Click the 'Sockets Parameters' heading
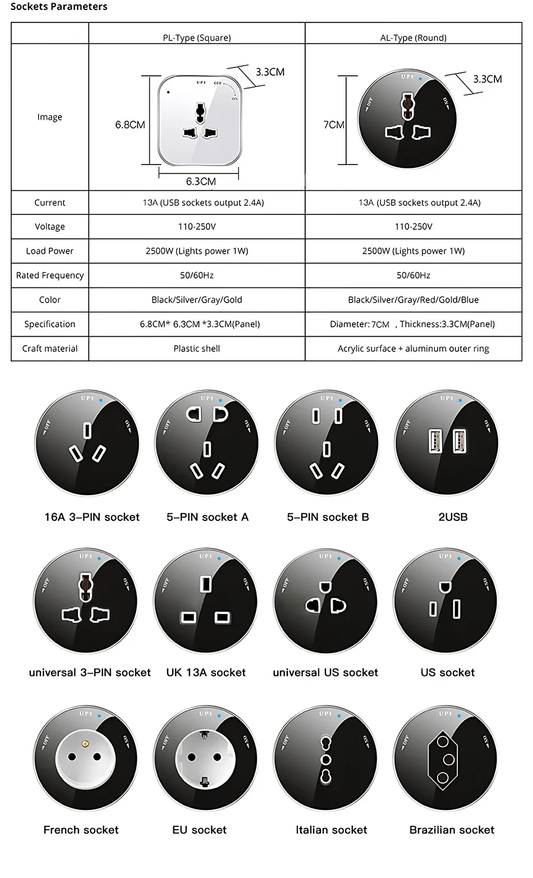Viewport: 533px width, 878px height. [58, 7]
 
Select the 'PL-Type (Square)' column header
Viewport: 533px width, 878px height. [197, 38]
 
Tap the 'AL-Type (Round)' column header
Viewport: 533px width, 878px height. [413, 38]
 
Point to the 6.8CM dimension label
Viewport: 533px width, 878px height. [130, 125]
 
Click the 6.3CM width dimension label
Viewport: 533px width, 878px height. [201, 181]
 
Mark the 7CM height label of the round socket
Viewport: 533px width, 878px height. [334, 125]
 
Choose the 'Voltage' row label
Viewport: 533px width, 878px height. [50, 227]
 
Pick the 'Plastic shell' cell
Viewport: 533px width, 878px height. [197, 349]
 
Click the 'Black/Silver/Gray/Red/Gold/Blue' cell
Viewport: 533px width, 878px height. [413, 300]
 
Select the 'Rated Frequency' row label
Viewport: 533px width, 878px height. [50, 276]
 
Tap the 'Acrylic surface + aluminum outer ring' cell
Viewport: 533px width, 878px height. [413, 349]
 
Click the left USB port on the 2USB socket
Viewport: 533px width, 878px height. [435, 441]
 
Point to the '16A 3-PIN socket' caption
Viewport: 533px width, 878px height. [92, 517]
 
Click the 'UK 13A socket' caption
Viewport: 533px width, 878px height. [206, 673]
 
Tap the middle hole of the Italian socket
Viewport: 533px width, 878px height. [325, 760]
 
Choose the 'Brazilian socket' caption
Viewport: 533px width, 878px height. [452, 830]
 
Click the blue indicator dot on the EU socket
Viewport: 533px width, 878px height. [219, 716]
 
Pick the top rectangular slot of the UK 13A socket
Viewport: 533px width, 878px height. [206, 584]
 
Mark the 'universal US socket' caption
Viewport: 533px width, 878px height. [325, 673]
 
